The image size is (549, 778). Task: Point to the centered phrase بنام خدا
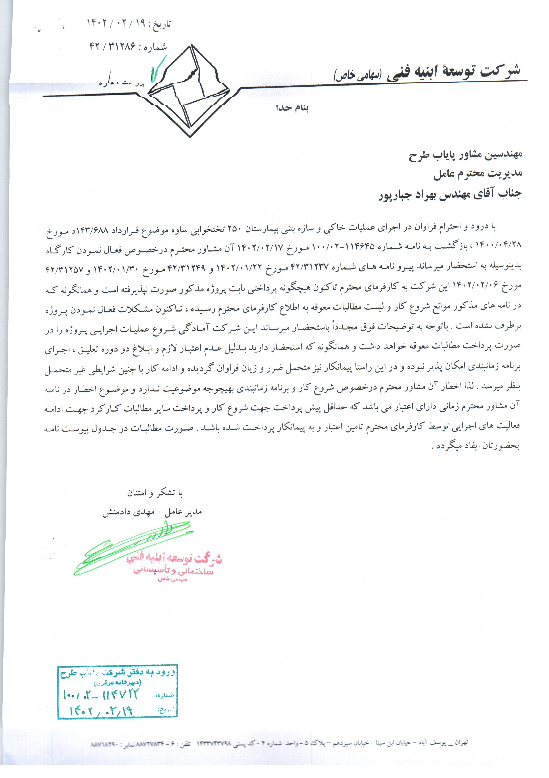(292, 108)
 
